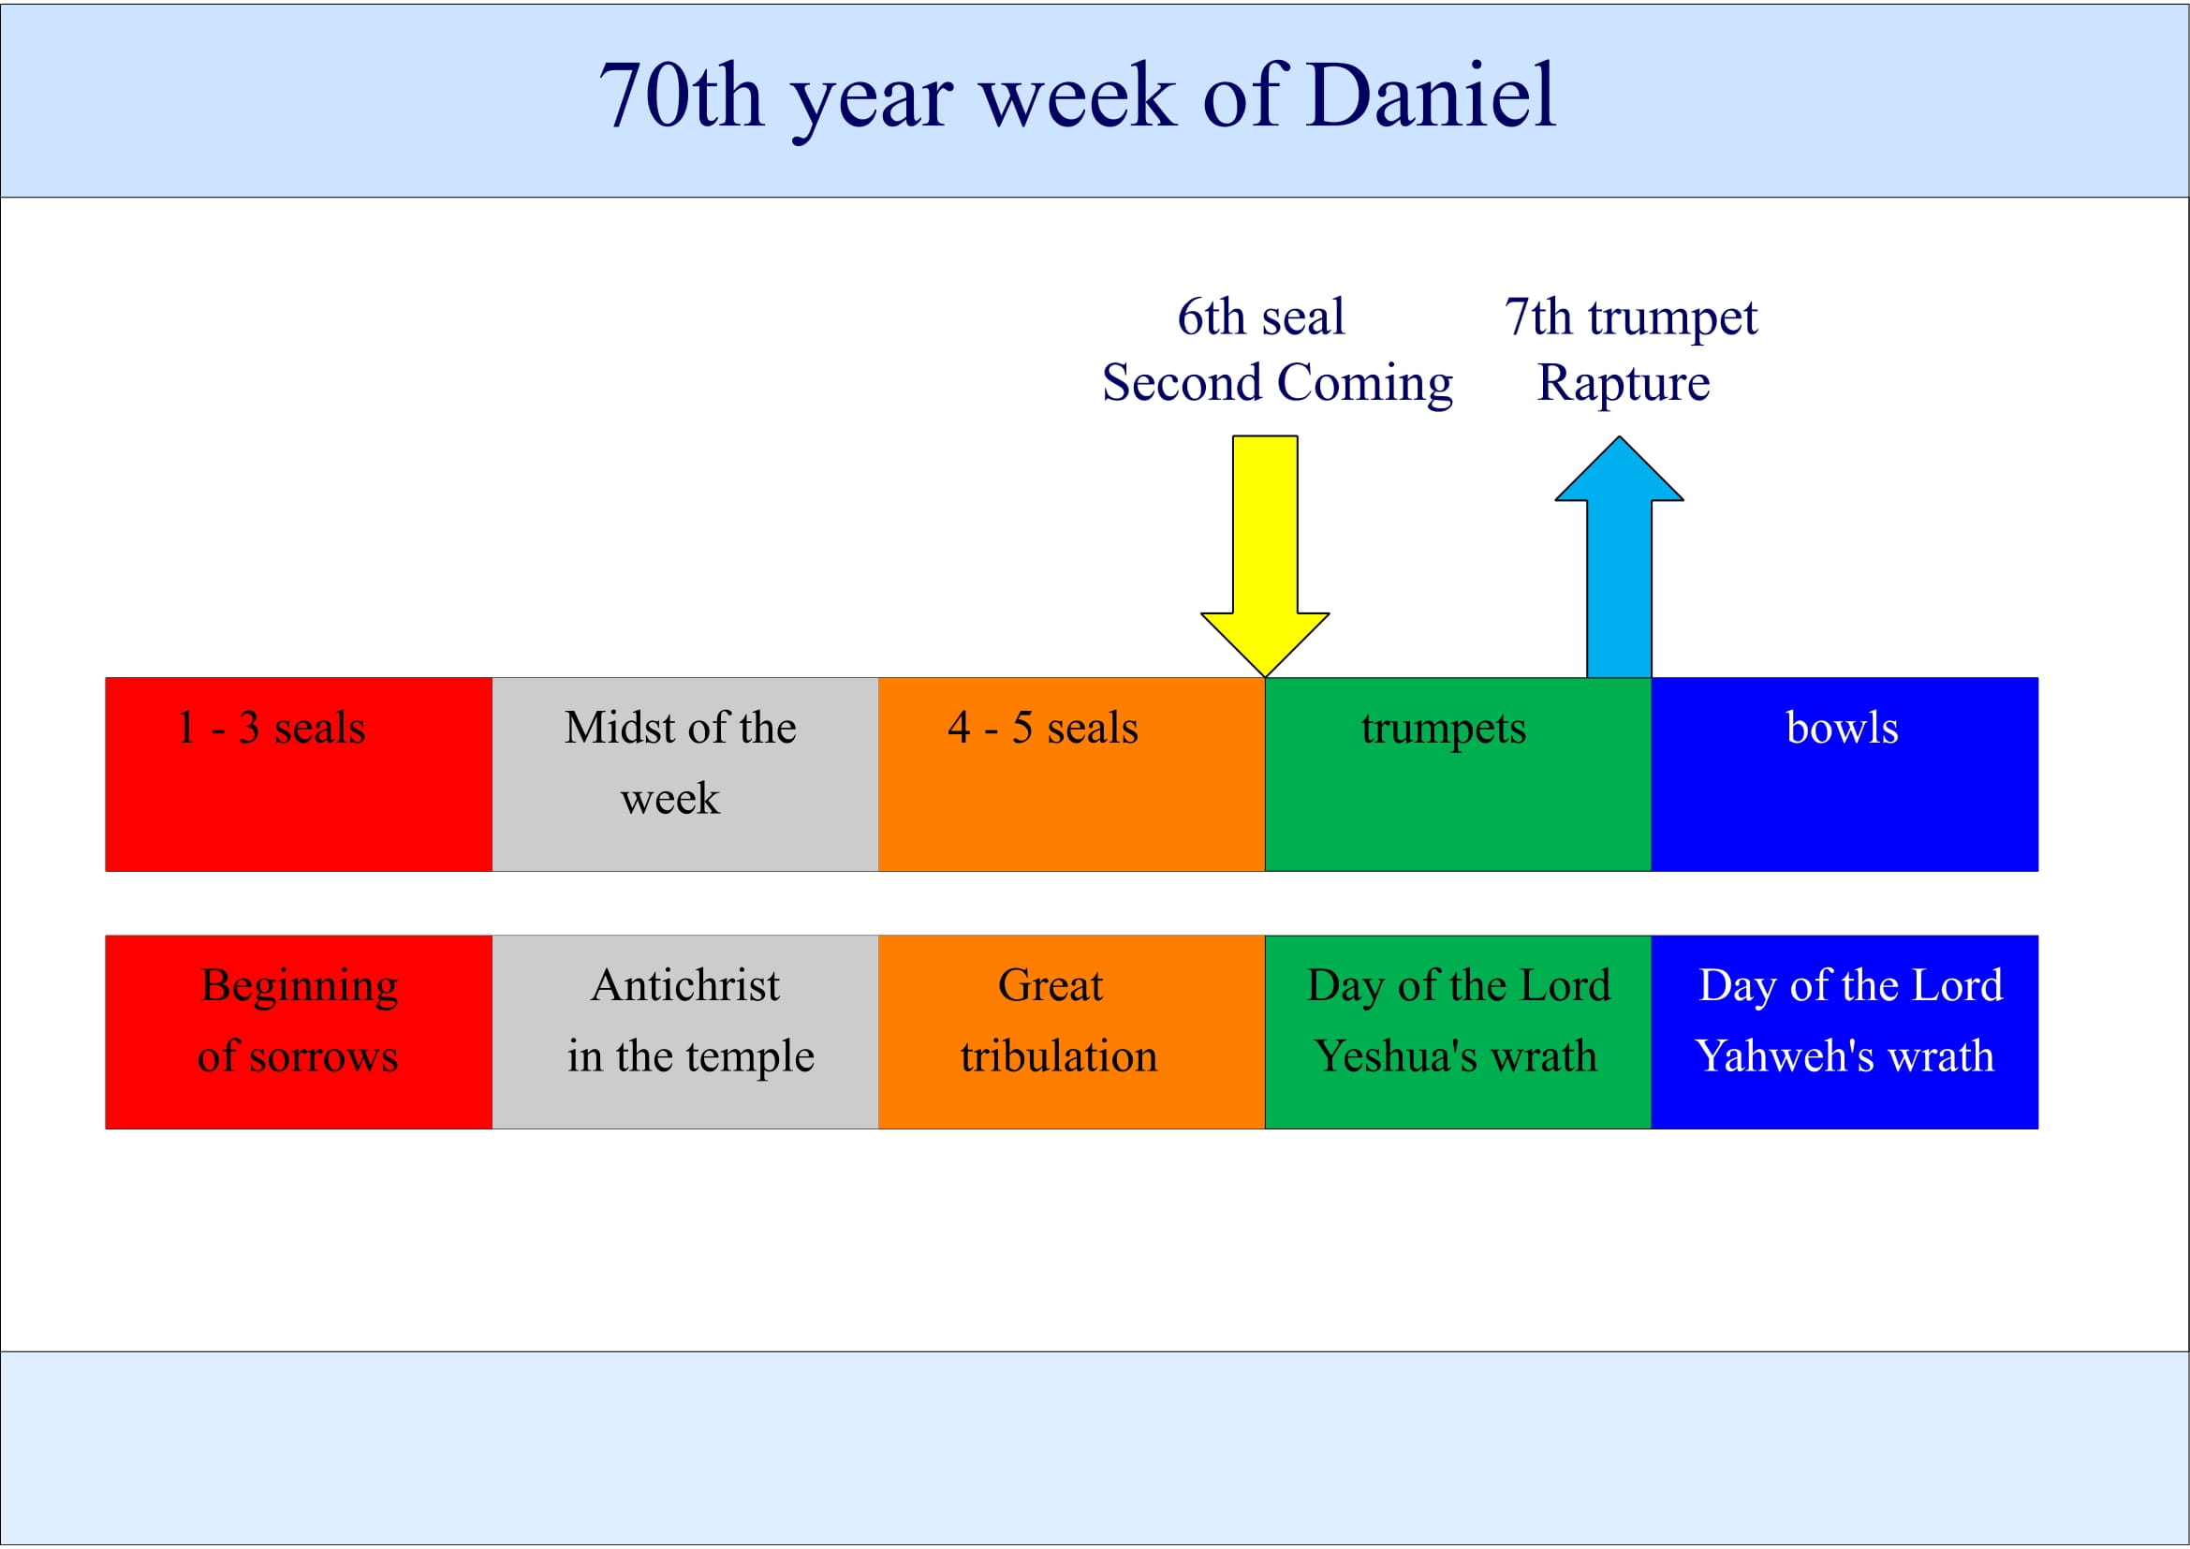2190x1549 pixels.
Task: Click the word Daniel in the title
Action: (1431, 96)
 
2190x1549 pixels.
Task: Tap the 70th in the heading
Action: (681, 96)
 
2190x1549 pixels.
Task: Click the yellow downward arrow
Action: (1265, 553)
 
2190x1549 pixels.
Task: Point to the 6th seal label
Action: (1261, 317)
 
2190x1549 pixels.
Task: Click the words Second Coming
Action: (1277, 382)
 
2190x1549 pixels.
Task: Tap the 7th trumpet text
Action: (1630, 317)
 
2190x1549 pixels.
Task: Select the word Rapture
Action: (1624, 382)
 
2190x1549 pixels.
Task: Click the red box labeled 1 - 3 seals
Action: (299, 774)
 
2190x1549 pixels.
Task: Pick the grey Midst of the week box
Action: (684, 774)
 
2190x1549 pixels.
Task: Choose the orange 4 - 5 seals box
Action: (1071, 774)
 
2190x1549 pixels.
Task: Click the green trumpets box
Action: (1458, 774)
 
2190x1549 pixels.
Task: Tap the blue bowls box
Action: (1844, 774)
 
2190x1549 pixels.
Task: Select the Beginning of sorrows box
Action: (299, 1032)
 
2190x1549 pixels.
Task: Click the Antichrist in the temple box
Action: (684, 1032)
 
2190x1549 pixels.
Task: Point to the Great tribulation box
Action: (1071, 1032)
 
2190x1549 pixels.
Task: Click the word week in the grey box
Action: (669, 798)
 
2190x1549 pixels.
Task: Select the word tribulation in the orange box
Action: (1059, 1055)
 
